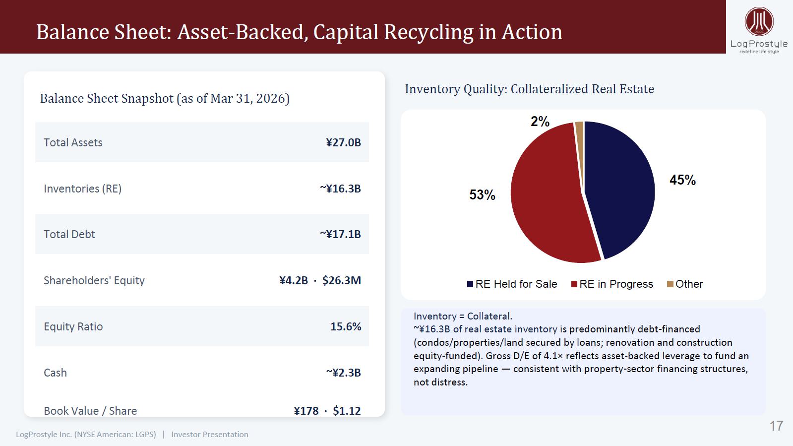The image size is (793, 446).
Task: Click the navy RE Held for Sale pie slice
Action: tap(623, 188)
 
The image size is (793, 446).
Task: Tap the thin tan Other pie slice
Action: tap(580, 142)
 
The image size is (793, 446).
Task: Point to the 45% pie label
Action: tap(682, 180)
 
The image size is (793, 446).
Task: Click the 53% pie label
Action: tap(482, 195)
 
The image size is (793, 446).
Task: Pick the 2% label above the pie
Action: tap(540, 122)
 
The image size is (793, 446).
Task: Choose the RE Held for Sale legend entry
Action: tap(512, 284)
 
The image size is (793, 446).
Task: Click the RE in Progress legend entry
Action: tap(612, 284)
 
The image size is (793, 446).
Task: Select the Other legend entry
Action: tap(685, 284)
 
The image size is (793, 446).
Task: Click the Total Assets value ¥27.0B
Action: tap(343, 142)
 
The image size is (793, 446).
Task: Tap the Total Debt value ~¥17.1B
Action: tap(340, 234)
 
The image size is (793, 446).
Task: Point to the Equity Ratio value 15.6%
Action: tap(346, 326)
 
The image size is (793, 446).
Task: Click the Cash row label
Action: tap(55, 373)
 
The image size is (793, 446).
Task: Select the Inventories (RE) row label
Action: tap(82, 189)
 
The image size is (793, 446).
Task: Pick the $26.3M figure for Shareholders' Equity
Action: tap(342, 280)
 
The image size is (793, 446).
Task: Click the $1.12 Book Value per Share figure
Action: tap(347, 411)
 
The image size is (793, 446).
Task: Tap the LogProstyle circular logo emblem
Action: tap(759, 21)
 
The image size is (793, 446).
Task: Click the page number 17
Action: tap(776, 426)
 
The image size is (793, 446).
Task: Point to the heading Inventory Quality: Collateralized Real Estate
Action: tap(529, 89)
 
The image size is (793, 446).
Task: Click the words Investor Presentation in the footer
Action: tap(210, 434)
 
